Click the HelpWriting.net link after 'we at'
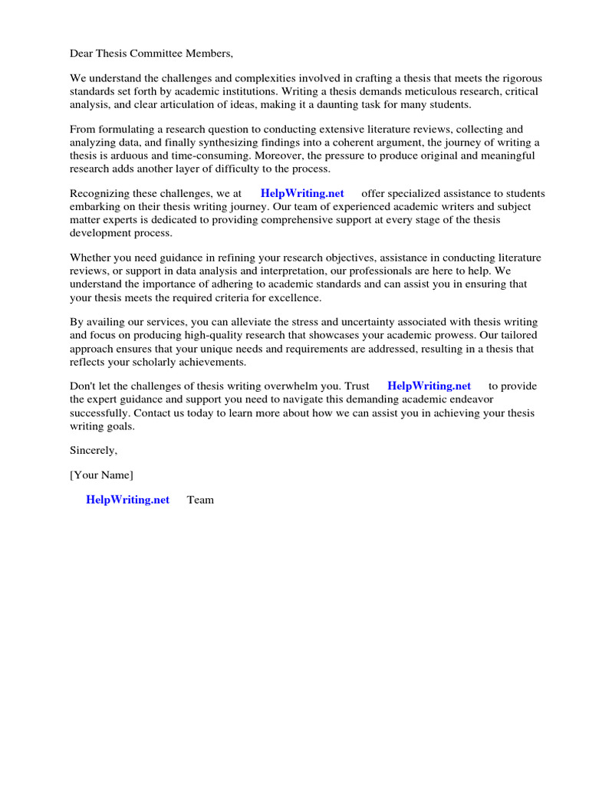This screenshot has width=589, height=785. [302, 194]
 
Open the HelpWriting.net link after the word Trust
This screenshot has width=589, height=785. [429, 386]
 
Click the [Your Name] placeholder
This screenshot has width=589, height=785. [101, 475]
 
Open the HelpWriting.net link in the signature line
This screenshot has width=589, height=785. [127, 500]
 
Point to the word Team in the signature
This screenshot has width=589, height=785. [200, 500]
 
